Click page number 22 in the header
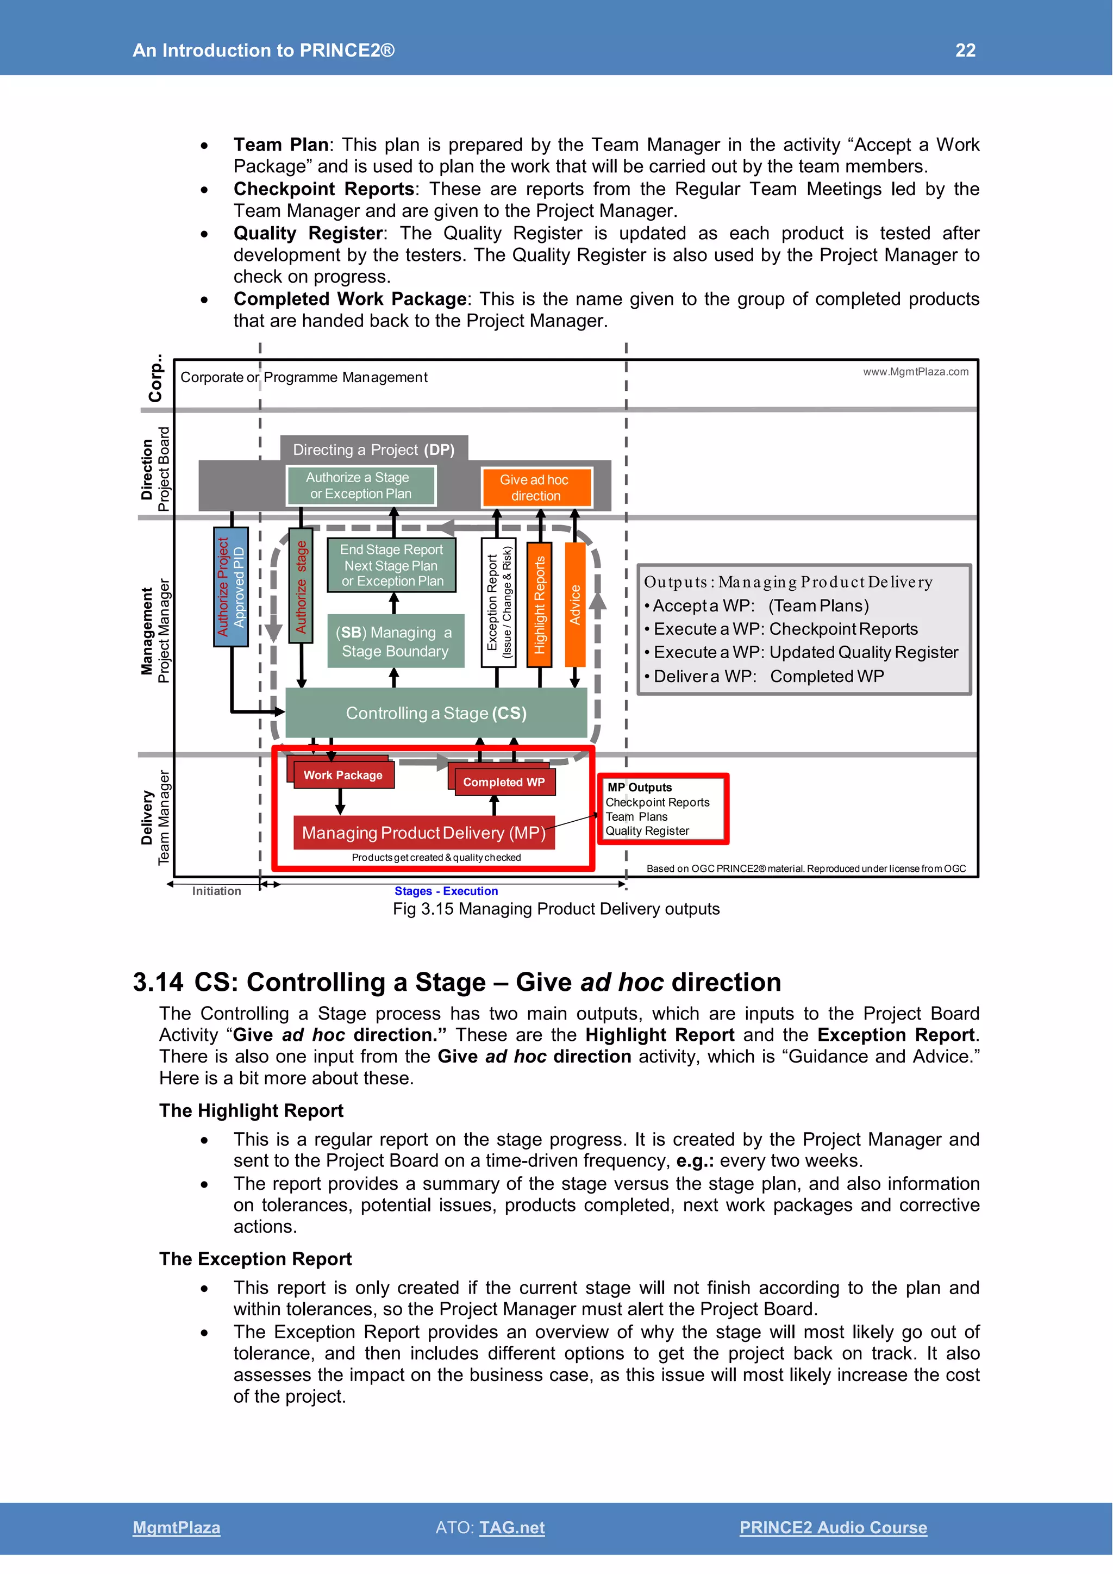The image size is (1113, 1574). coord(965,50)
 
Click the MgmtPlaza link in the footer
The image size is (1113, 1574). coord(176,1527)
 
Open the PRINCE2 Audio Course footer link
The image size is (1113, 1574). coord(833,1527)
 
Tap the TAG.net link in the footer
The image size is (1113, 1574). coord(511,1527)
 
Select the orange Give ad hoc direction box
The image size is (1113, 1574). coord(535,488)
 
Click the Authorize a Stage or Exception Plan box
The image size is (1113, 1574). coord(360,485)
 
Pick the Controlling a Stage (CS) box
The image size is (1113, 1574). coord(436,713)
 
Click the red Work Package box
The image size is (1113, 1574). coord(343,776)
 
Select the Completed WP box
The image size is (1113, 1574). coord(504,782)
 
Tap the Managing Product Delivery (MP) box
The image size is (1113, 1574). coord(423,833)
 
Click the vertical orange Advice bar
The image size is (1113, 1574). coord(575,604)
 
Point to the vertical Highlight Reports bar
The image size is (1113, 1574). coord(539,604)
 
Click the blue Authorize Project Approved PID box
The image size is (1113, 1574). coord(231,587)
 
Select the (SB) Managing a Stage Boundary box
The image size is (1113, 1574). coord(396,642)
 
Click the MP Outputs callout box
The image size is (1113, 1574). coord(662,809)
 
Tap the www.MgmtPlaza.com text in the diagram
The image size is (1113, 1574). coord(916,372)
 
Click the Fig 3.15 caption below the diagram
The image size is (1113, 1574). coord(556,909)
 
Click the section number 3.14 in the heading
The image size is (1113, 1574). coord(158,982)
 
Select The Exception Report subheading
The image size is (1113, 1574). coord(255,1259)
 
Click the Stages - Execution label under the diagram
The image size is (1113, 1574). coord(446,891)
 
